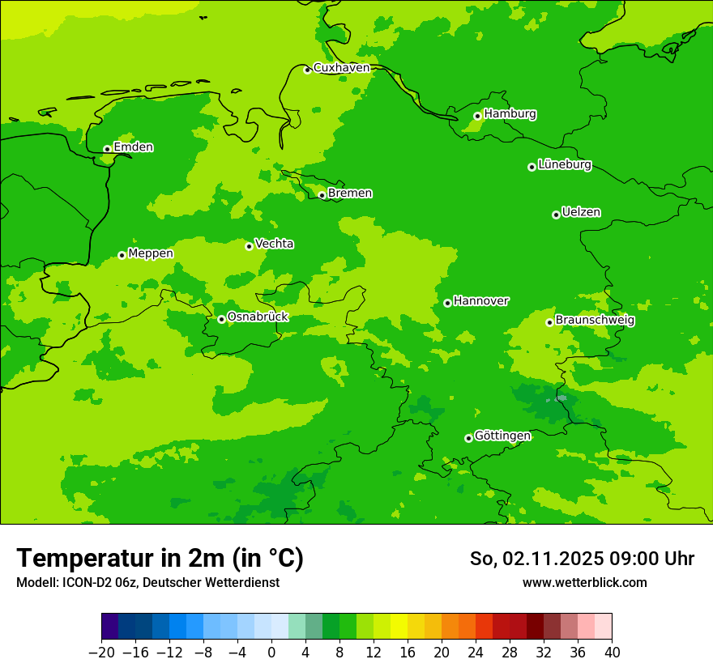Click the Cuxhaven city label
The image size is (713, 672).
341,68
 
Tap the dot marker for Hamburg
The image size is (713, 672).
477,116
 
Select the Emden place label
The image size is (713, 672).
133,147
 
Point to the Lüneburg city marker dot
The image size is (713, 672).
532,167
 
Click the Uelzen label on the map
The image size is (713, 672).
581,213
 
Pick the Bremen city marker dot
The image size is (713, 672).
322,195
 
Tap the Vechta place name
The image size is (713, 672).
274,244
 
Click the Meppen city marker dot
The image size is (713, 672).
122,255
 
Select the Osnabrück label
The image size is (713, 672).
257,317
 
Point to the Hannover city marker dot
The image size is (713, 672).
447,303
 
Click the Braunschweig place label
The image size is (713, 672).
595,321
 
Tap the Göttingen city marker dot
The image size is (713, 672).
468,438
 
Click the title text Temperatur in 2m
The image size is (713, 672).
160,559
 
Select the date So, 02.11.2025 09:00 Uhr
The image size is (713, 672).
582,559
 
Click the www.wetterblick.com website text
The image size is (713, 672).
584,583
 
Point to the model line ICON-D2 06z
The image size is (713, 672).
147,583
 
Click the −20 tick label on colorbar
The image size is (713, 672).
101,653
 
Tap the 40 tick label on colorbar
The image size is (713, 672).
612,653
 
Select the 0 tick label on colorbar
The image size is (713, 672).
271,653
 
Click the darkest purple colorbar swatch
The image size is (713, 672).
110,627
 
